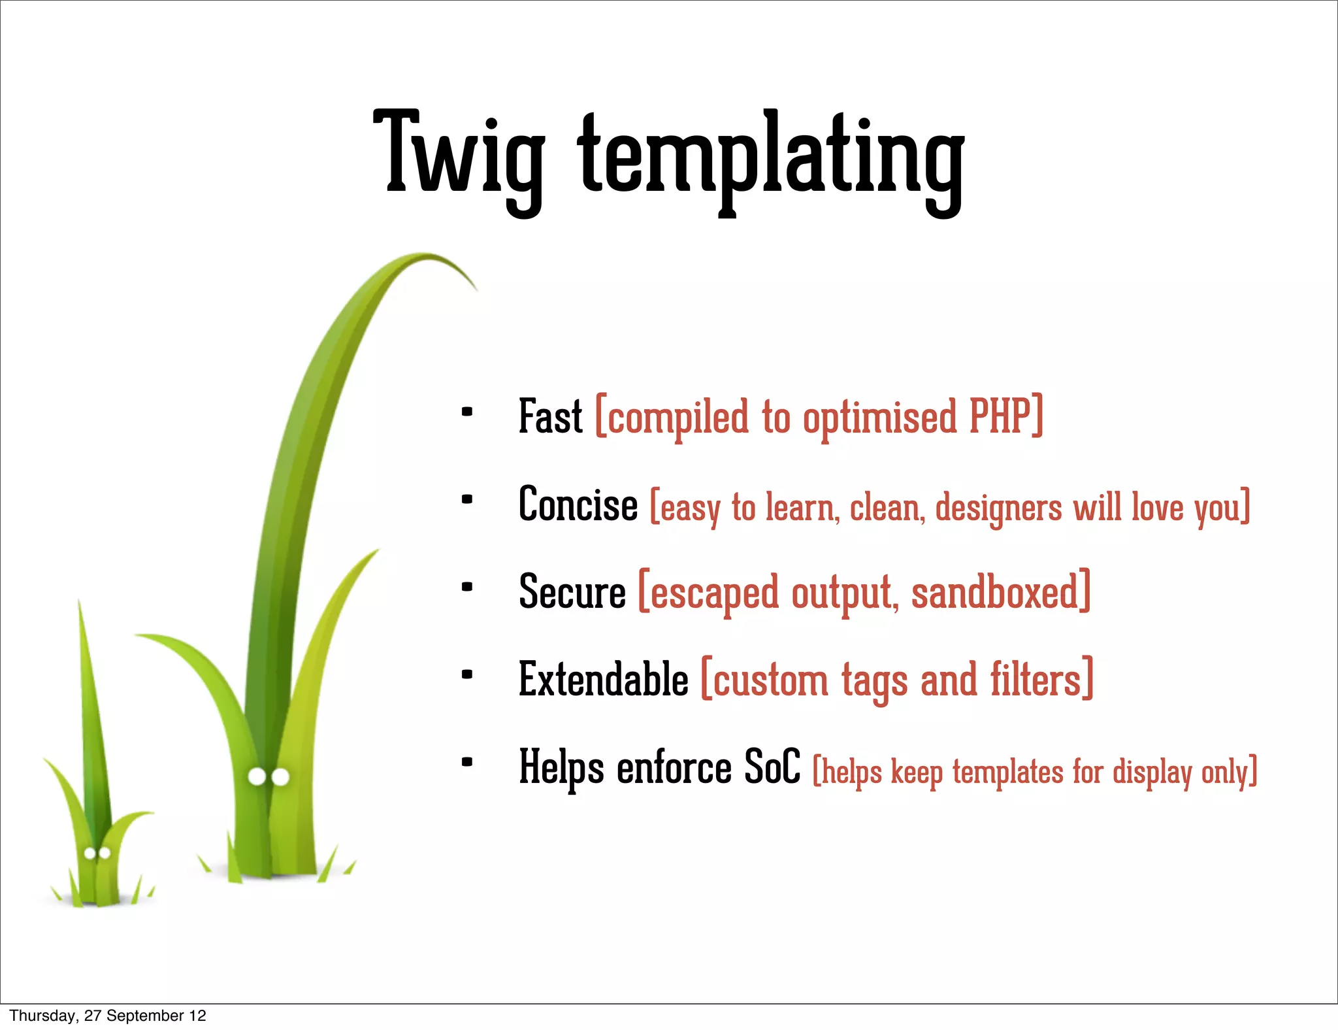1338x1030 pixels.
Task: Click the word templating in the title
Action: (771, 157)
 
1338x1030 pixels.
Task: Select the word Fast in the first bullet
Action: (550, 416)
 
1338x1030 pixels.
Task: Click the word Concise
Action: (578, 505)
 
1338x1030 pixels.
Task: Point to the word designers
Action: (998, 507)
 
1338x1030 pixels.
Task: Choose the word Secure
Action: (572, 592)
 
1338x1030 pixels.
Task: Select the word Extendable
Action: (603, 680)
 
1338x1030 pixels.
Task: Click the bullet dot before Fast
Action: (466, 412)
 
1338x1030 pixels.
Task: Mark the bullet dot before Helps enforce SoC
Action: (466, 761)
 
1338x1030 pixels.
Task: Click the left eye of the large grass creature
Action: (257, 777)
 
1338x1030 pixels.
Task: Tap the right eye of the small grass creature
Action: (105, 853)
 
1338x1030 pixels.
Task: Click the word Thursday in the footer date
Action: (42, 1016)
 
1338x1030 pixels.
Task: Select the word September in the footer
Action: (145, 1016)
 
